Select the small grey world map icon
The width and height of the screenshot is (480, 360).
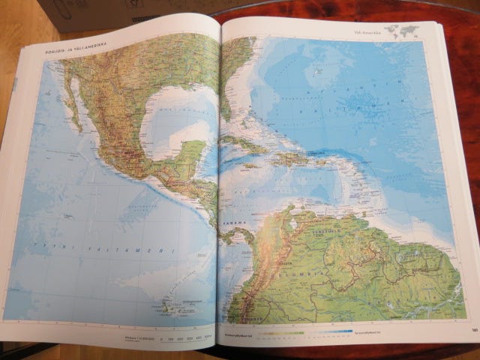click(409, 30)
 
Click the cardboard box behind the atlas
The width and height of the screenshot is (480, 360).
click(112, 11)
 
